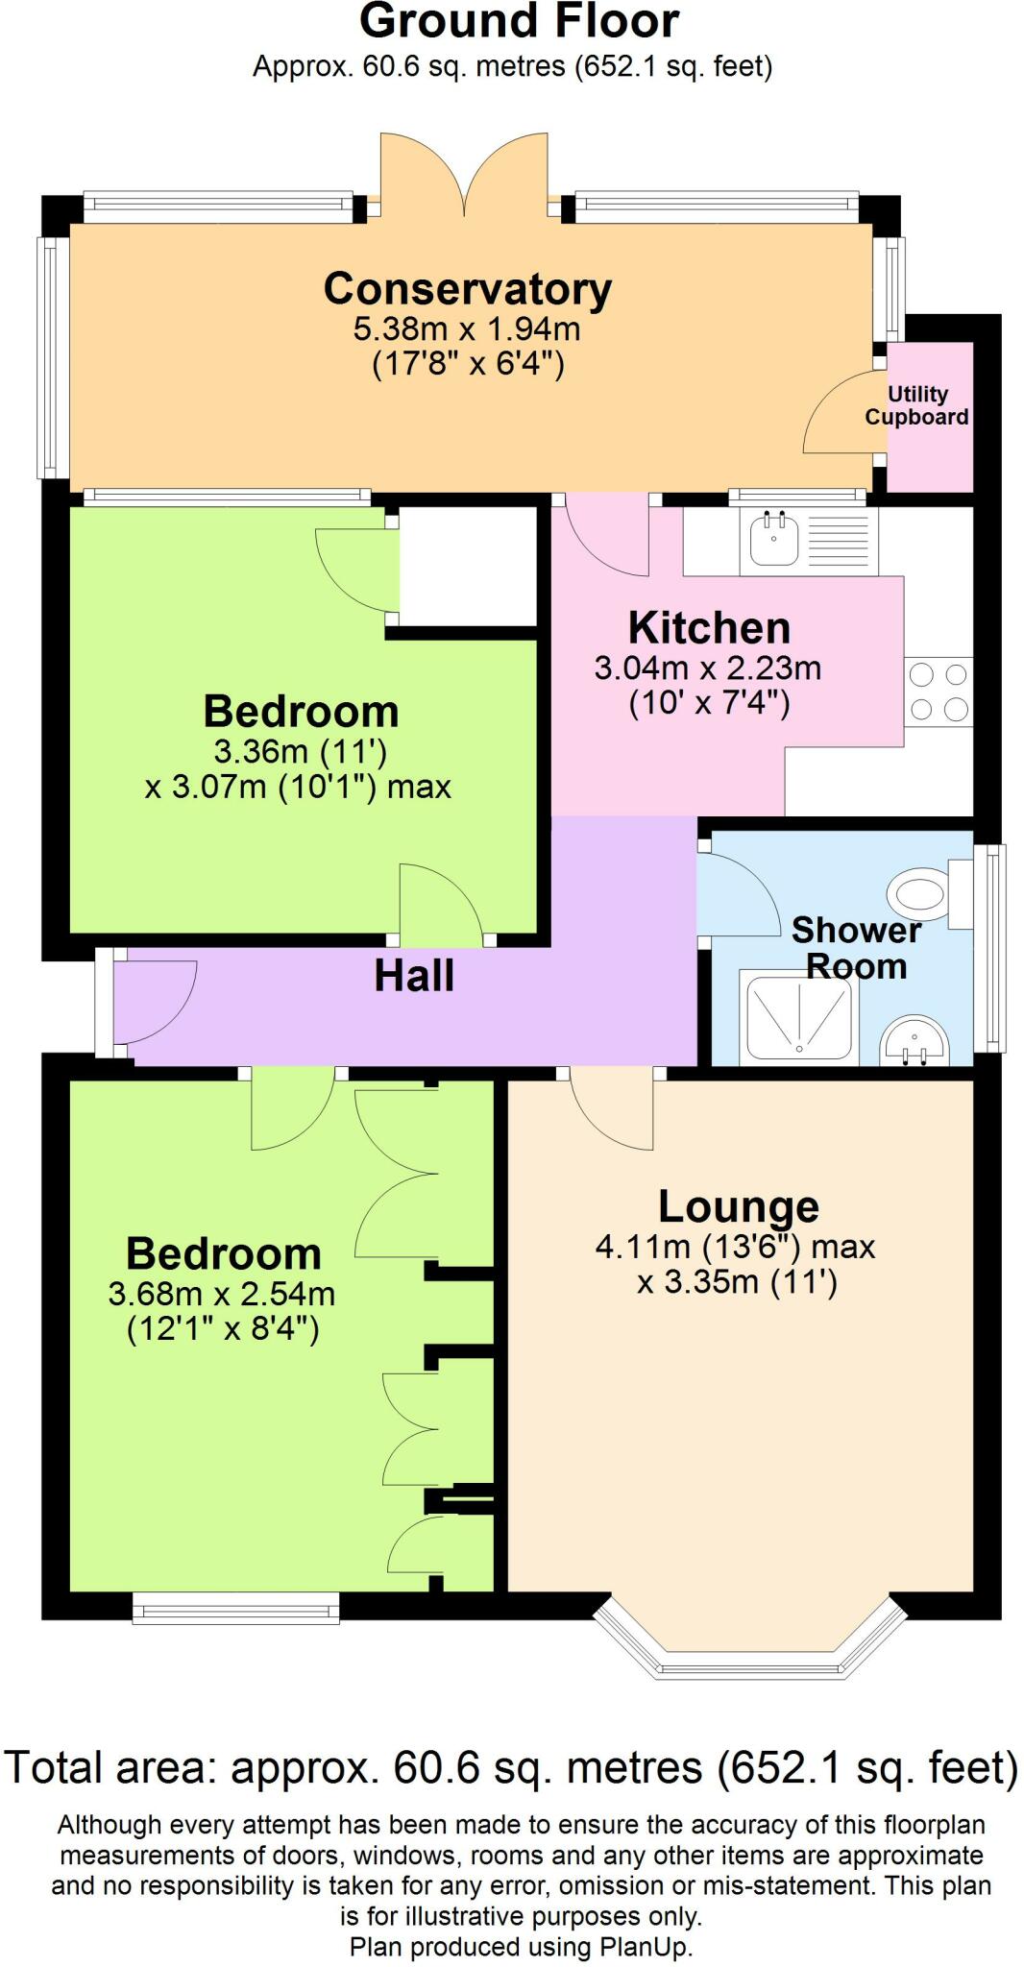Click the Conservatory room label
[467, 288]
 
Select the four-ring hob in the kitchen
[939, 692]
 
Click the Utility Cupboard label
[916, 405]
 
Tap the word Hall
[414, 976]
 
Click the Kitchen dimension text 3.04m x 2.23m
[708, 668]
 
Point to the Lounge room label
[738, 1206]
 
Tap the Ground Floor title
[519, 21]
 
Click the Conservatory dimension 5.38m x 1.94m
[467, 328]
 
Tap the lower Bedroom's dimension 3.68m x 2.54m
[222, 1295]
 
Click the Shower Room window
[989, 948]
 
